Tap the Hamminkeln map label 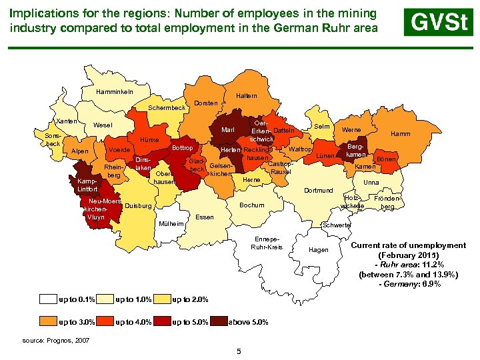[x=115, y=91]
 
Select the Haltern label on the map [x=246, y=96]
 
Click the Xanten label [x=67, y=121]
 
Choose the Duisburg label [x=139, y=206]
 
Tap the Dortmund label [x=318, y=191]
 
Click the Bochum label [x=251, y=205]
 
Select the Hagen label [x=319, y=250]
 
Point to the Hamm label [x=401, y=134]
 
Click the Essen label [x=205, y=217]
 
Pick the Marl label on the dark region [x=227, y=130]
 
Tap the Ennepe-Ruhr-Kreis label [x=267, y=243]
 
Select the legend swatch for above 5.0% [x=219, y=322]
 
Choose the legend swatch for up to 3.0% [x=49, y=322]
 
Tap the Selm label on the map [x=322, y=127]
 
